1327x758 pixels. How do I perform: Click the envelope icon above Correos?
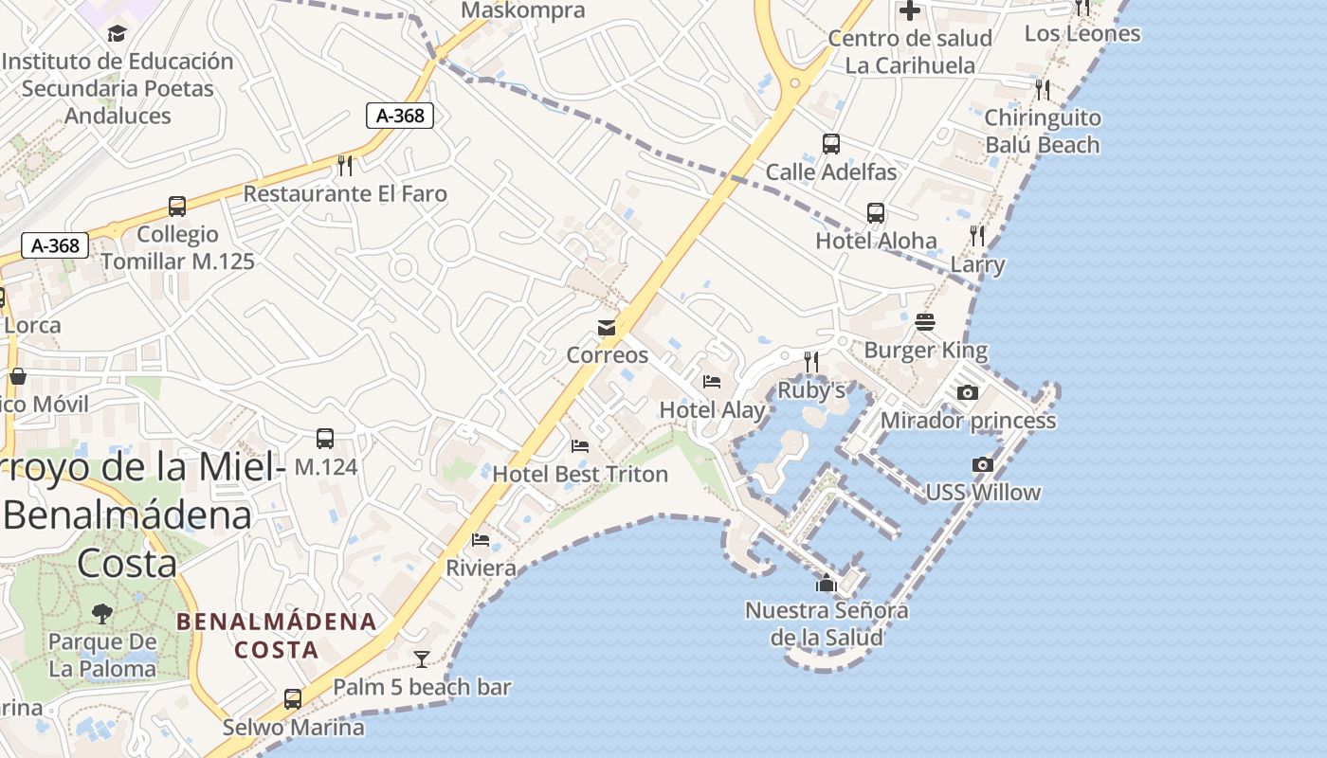[606, 328]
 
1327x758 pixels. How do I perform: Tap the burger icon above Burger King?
[925, 322]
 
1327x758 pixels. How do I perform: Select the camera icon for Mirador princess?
[967, 392]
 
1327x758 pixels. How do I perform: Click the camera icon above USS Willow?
[983, 464]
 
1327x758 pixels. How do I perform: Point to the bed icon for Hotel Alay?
[712, 382]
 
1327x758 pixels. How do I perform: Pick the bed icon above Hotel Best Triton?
[580, 445]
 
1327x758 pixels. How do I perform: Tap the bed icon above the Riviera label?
[481, 540]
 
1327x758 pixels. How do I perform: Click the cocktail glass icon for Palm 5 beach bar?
[422, 659]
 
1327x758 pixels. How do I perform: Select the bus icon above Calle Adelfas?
[831, 144]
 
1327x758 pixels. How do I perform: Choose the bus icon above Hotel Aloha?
[876, 213]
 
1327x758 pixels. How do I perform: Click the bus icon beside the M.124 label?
[325, 439]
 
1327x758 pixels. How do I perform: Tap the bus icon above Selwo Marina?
[293, 699]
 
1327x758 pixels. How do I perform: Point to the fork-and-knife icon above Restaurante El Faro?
[345, 166]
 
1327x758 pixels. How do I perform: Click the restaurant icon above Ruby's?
[810, 361]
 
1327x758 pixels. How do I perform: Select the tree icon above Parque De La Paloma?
[102, 614]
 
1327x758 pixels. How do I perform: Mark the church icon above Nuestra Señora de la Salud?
[827, 583]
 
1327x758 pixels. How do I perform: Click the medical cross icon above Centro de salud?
[910, 10]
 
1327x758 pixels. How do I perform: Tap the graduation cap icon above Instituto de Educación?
[117, 33]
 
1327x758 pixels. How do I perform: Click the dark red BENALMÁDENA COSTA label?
[277, 636]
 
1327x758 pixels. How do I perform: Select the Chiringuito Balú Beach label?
[1042, 132]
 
